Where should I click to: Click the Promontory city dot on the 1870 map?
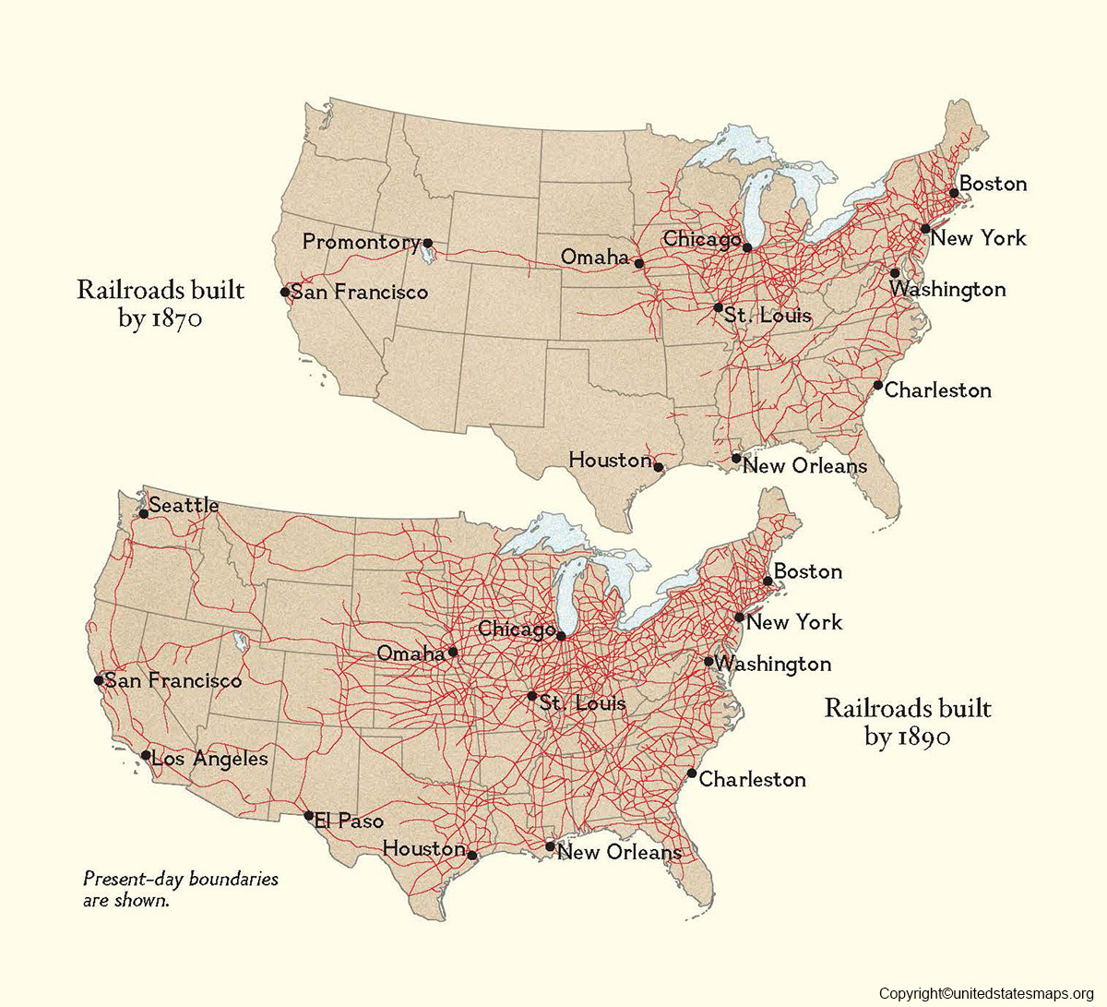(x=427, y=243)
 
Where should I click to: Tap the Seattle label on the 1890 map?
(x=184, y=505)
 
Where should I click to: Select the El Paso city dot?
(x=309, y=815)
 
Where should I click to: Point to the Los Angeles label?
(x=209, y=759)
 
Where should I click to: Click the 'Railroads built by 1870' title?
(x=161, y=304)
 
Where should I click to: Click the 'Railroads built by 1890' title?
(x=908, y=722)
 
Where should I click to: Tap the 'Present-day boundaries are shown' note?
(x=180, y=889)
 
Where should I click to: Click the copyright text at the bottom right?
(x=985, y=993)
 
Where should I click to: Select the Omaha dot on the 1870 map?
(x=638, y=263)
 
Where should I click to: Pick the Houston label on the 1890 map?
(x=423, y=847)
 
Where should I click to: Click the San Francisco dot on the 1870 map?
(x=285, y=292)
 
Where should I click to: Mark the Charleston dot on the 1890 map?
(x=692, y=773)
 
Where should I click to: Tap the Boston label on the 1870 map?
(x=993, y=184)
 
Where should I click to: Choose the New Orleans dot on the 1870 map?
(x=736, y=458)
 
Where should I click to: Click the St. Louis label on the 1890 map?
(x=583, y=703)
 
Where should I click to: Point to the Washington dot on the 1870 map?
(x=895, y=273)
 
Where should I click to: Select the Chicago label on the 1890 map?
(x=516, y=629)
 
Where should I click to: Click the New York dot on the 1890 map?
(x=739, y=617)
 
